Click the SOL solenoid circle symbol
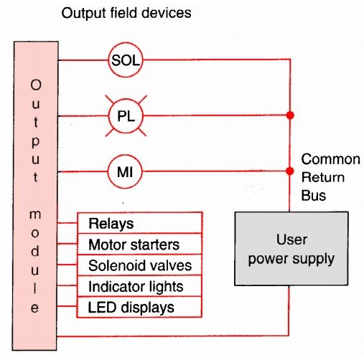[x=125, y=60]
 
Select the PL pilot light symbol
[x=125, y=115]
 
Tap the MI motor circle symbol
[x=125, y=171]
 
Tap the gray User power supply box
[x=291, y=247]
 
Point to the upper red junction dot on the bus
[x=290, y=115]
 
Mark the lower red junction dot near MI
[x=290, y=171]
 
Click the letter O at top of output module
[x=35, y=84]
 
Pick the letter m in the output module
[x=35, y=214]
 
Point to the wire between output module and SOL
[x=83, y=60]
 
